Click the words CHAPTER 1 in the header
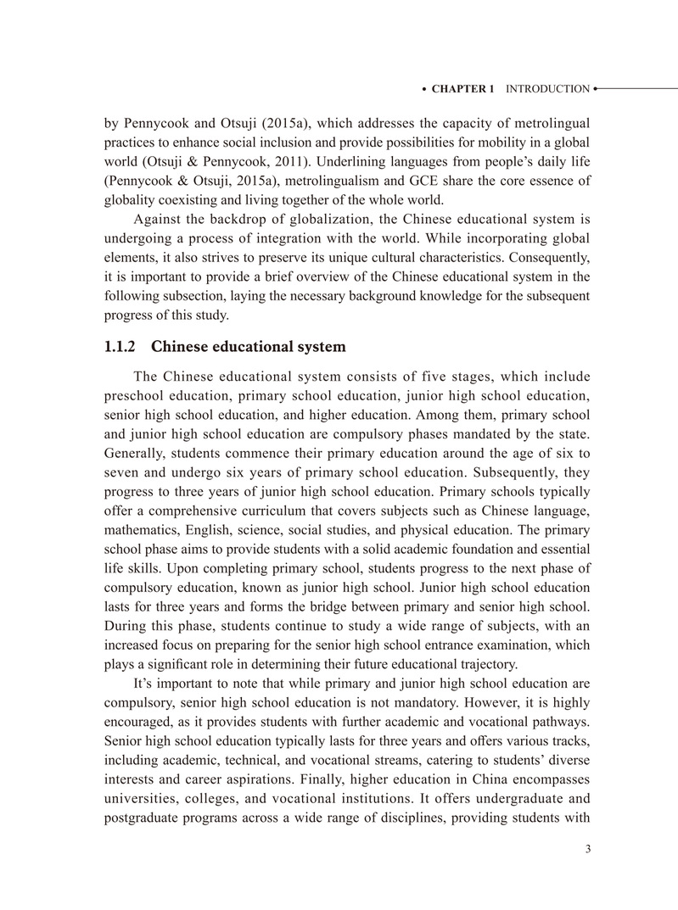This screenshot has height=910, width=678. [x=462, y=89]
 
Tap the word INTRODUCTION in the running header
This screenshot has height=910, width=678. [x=547, y=89]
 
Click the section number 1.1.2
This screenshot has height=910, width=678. [x=120, y=346]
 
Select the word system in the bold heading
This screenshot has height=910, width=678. [x=322, y=346]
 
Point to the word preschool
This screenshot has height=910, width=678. [x=133, y=395]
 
